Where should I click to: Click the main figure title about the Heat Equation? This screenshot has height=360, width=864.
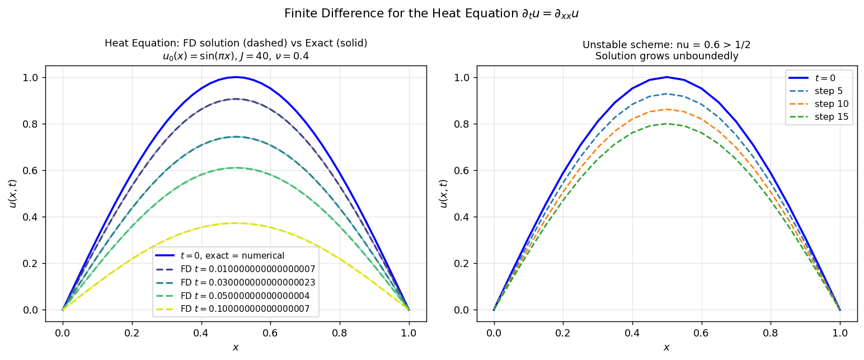[431, 13]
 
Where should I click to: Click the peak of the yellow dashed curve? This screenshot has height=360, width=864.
[236, 223]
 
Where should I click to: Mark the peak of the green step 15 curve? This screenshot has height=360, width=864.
[666, 123]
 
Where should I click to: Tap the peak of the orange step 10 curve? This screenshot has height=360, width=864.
[666, 109]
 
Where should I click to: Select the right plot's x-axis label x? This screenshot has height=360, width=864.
[666, 348]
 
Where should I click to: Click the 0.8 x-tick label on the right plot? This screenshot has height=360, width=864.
[771, 332]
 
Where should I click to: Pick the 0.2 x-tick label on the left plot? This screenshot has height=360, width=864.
[132, 332]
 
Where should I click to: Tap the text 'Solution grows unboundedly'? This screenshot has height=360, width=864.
[666, 56]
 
